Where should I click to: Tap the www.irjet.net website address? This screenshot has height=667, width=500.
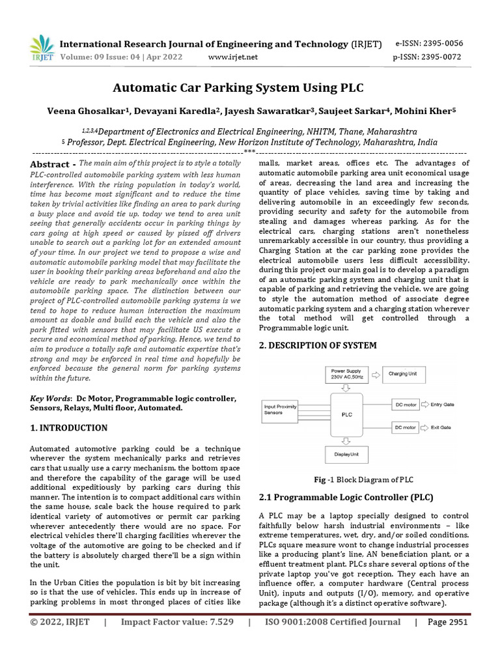[232, 57]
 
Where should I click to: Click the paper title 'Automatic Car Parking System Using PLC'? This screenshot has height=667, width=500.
[249, 87]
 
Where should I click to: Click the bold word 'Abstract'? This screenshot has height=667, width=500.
[53, 164]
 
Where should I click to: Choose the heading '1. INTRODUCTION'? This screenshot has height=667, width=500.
[69, 428]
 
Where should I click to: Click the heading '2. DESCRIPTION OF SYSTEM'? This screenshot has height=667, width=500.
[317, 345]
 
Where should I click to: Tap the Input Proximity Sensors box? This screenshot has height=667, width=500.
[281, 409]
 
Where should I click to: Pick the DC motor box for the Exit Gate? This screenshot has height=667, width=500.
[406, 428]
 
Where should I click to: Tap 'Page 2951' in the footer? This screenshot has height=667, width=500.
[447, 640]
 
